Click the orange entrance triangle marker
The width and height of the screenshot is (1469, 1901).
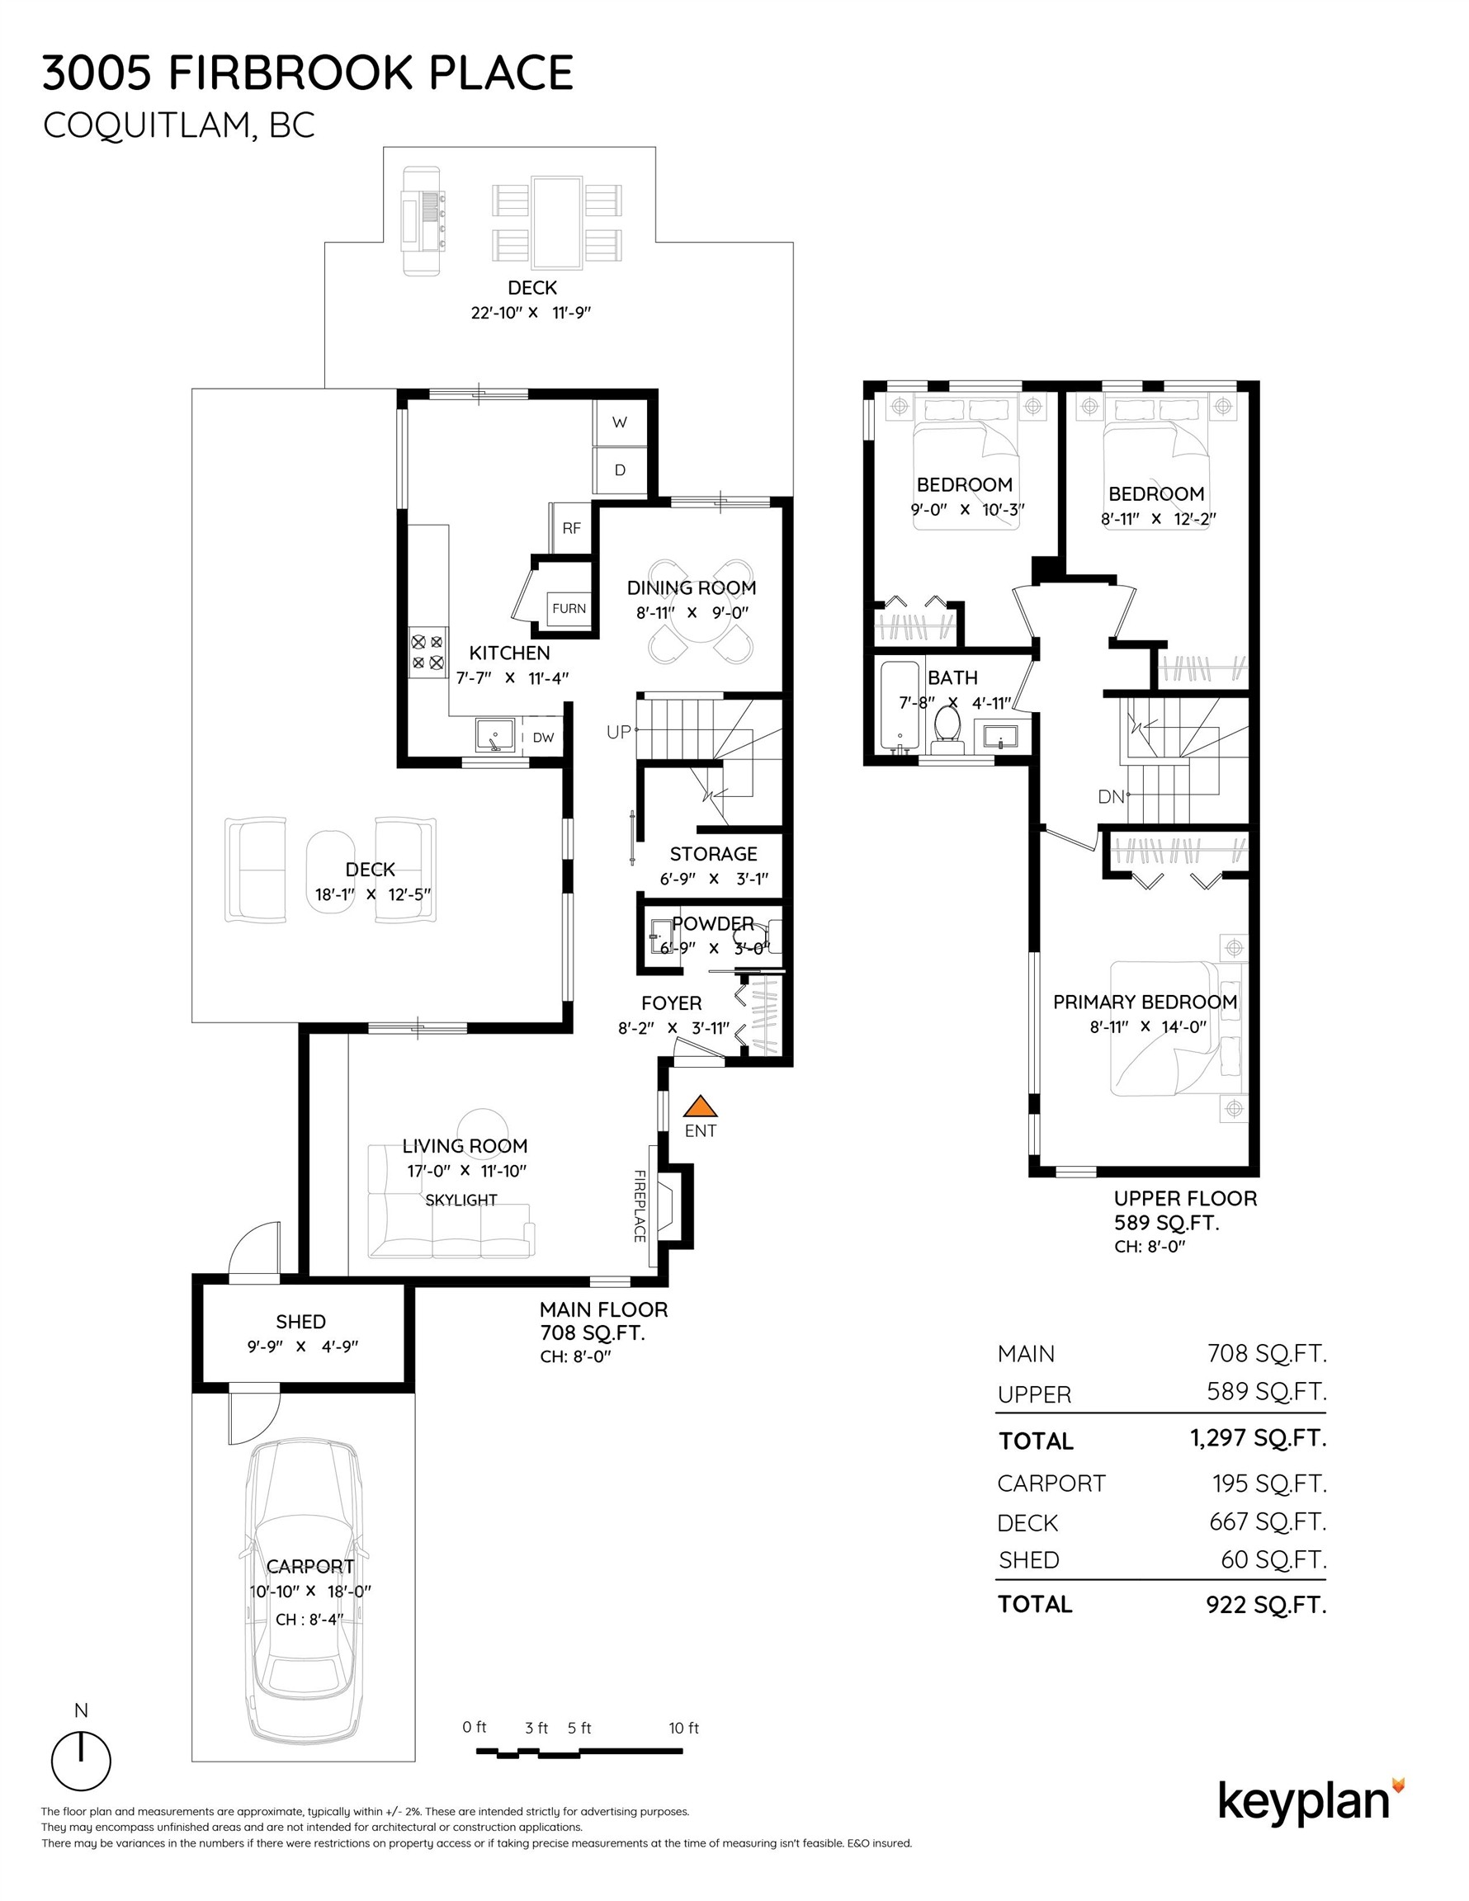click(699, 1107)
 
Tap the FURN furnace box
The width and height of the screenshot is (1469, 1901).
click(569, 608)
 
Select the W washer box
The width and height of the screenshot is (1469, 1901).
click(619, 423)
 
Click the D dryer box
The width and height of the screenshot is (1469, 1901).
click(619, 471)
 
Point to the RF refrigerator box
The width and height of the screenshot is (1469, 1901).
click(571, 527)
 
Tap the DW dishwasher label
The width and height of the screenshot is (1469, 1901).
click(543, 738)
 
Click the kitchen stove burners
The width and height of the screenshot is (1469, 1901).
click(427, 653)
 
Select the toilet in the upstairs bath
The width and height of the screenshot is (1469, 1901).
click(947, 729)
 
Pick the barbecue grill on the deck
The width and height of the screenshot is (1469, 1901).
click(422, 220)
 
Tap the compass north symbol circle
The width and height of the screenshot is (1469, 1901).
click(81, 1761)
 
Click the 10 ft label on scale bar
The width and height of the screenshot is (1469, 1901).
click(683, 1728)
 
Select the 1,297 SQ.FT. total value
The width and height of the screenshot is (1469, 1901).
click(1259, 1438)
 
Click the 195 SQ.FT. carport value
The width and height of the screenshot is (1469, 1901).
click(1268, 1484)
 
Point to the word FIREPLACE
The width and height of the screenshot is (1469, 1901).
click(639, 1205)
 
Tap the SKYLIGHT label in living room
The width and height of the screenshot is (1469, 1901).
click(461, 1200)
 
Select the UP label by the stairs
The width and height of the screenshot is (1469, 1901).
click(618, 732)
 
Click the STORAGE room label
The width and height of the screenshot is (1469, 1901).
click(713, 854)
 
